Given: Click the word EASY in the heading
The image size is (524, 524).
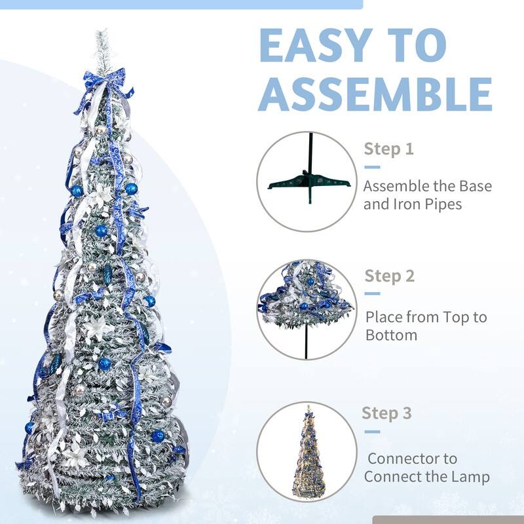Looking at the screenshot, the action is point(316,45).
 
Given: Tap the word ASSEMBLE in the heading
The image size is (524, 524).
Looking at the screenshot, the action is point(375,94).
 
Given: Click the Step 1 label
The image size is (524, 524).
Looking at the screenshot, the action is point(388,149).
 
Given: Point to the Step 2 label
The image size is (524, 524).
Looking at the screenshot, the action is point(389,276).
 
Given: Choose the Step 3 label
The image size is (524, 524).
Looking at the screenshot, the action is point(386,413).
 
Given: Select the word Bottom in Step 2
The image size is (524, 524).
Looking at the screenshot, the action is point(391,335).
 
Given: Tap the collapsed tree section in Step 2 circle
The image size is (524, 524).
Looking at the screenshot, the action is point(305,294).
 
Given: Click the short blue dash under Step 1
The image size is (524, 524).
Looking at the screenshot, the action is point(372,167).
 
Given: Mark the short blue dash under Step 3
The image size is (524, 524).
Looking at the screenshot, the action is point(372,432).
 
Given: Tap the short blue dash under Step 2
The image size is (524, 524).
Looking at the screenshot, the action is point(372,293).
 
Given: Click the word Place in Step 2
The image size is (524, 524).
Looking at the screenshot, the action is point(384,317).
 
